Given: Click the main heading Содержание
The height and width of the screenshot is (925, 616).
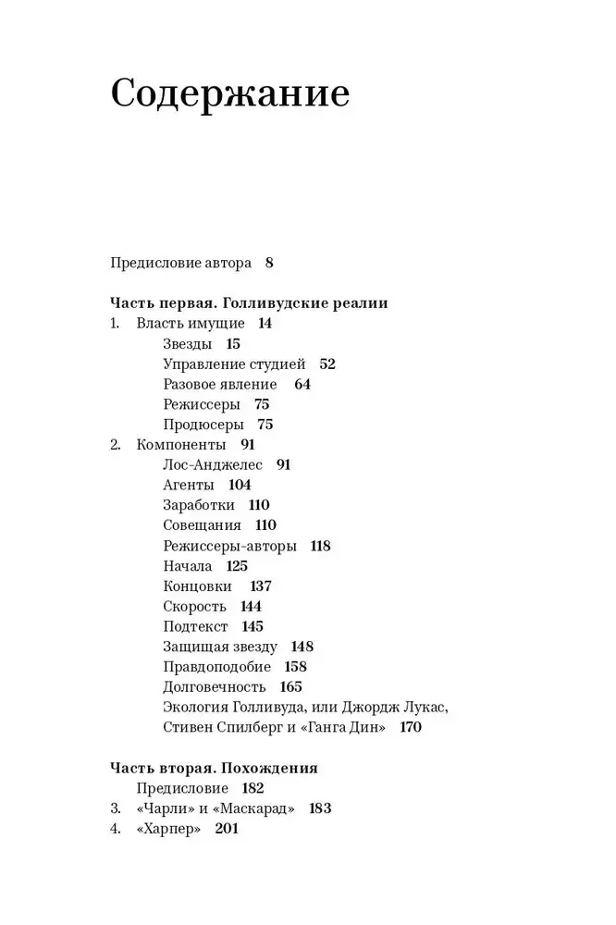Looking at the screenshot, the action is (x=229, y=94).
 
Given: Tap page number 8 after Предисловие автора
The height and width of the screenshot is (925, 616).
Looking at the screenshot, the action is (x=269, y=263).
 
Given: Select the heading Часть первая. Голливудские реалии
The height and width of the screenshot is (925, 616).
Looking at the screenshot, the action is (x=249, y=303).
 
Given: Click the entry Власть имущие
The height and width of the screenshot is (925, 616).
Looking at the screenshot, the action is (x=191, y=324).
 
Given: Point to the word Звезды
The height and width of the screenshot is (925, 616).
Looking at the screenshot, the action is (x=188, y=344).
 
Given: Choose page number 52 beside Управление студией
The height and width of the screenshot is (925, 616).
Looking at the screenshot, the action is (x=326, y=364).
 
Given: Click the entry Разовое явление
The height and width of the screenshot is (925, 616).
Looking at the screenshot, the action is (x=219, y=385).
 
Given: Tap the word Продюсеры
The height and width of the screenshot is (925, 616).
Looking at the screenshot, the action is (x=203, y=425).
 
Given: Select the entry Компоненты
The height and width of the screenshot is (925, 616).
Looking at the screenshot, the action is (x=181, y=445).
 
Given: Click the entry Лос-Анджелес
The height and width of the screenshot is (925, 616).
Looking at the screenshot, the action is (x=213, y=465).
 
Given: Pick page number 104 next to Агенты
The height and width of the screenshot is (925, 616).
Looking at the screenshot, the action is (x=239, y=485).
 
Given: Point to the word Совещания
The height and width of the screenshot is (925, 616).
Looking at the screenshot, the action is (x=202, y=525).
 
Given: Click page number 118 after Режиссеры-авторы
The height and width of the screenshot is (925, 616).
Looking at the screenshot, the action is (x=321, y=546).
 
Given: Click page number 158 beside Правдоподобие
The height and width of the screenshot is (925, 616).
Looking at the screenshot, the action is (x=296, y=667).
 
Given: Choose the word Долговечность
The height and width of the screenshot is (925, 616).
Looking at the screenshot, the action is (x=214, y=687).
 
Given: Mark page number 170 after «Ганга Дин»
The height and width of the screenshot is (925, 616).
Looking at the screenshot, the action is (x=410, y=728).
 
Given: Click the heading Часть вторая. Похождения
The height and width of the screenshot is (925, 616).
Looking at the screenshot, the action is (x=214, y=768).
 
